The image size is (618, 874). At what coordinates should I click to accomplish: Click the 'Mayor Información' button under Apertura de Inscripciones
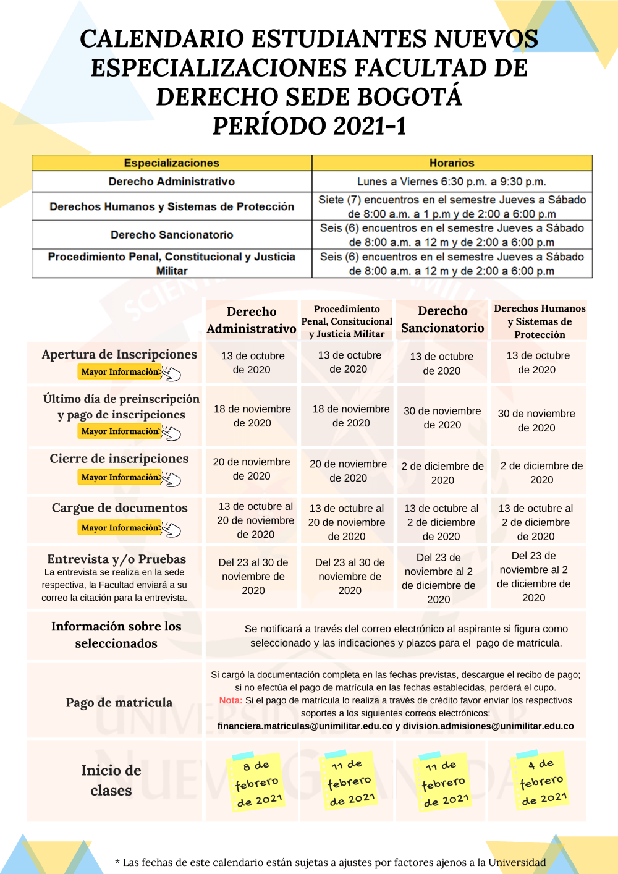121,371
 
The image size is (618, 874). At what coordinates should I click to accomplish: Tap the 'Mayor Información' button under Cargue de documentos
121,527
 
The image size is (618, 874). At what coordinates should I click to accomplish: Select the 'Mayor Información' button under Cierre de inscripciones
121,477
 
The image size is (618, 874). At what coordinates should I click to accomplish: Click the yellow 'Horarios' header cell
452,163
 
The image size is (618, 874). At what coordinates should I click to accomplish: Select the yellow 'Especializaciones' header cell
172,163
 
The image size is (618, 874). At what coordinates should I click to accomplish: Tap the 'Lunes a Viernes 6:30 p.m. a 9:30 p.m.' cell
452,182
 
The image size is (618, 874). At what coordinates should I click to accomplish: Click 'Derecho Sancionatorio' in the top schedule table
172,235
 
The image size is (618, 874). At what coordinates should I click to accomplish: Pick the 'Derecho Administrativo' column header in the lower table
252,320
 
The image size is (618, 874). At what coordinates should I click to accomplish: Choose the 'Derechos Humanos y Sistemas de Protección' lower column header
540,321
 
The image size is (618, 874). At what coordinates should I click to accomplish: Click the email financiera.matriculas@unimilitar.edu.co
305,726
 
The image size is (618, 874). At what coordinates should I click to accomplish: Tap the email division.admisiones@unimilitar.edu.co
488,726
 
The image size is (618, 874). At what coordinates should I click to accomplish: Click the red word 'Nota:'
231,700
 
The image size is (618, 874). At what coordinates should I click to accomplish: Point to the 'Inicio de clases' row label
111,780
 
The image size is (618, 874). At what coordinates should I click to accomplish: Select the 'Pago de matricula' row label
119,703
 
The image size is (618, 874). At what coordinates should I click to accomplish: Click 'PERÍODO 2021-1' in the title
310,126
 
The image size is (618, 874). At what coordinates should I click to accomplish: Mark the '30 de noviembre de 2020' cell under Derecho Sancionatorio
442,418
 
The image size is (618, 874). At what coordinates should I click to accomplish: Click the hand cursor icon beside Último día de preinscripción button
172,433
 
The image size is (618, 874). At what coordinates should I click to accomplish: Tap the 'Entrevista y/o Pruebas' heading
116,559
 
